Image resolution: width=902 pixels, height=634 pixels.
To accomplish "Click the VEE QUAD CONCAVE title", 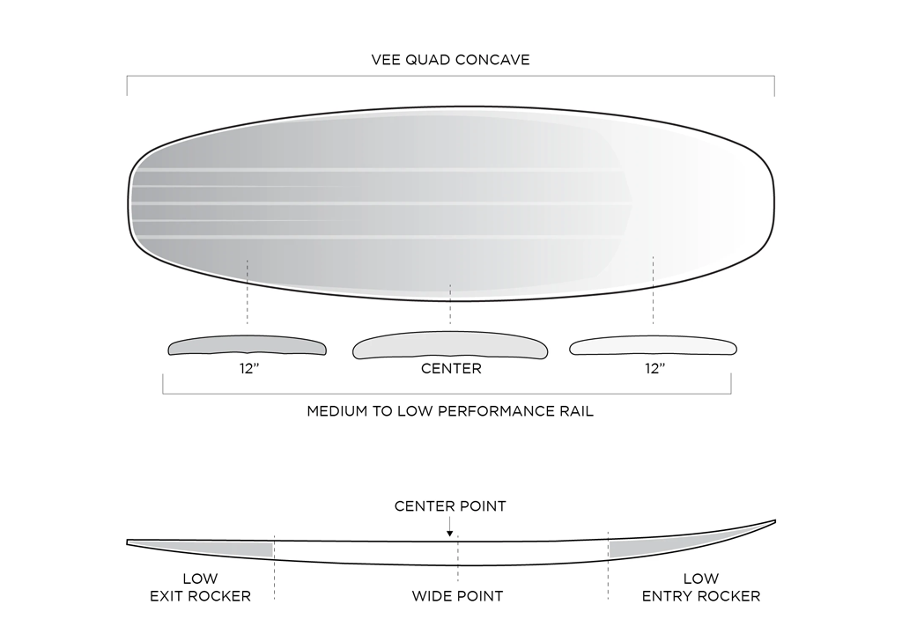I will coord(450,61).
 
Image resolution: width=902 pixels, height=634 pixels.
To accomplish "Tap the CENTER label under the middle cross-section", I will coord(451,369).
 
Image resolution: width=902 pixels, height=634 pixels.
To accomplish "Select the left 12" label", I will coord(248,369).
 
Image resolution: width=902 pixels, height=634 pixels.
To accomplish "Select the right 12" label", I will coord(654,369).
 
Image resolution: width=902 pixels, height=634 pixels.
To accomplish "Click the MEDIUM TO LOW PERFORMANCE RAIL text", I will coord(450,411).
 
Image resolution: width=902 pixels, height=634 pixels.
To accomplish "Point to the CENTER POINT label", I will coord(450,506).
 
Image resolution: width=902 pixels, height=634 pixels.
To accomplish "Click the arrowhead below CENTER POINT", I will coord(450,532).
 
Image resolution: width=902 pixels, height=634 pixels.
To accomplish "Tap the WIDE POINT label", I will coord(457,596).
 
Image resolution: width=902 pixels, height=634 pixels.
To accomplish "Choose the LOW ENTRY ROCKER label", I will coord(701,587).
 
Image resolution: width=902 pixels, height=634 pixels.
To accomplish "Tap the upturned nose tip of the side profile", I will coord(773,522).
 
